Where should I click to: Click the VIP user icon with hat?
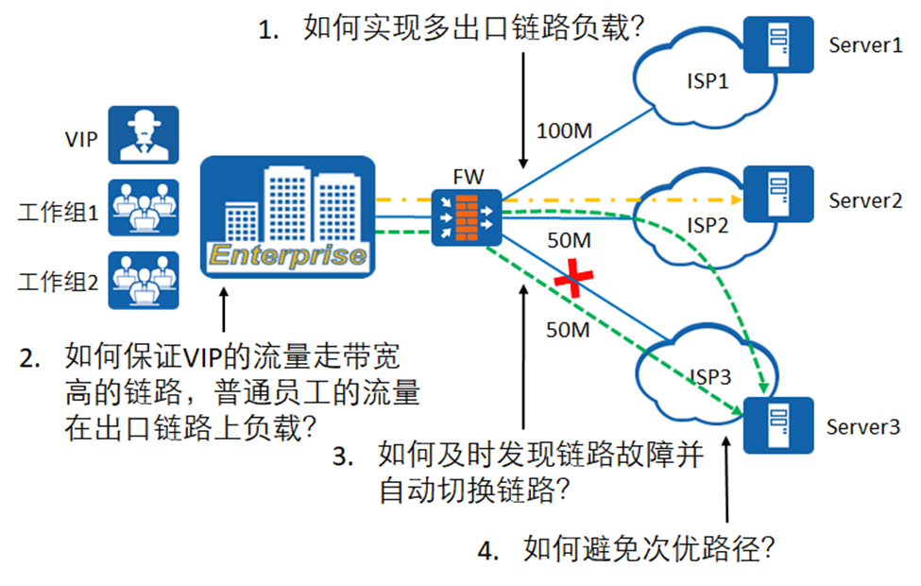click(143, 134)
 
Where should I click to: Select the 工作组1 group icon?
click(143, 206)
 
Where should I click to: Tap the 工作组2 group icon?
click(143, 280)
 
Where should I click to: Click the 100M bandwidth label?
click(564, 130)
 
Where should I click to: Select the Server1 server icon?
click(778, 44)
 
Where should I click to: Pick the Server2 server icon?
click(778, 195)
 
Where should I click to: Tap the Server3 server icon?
click(778, 425)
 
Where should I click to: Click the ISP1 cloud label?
click(707, 80)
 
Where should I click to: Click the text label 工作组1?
click(58, 212)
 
